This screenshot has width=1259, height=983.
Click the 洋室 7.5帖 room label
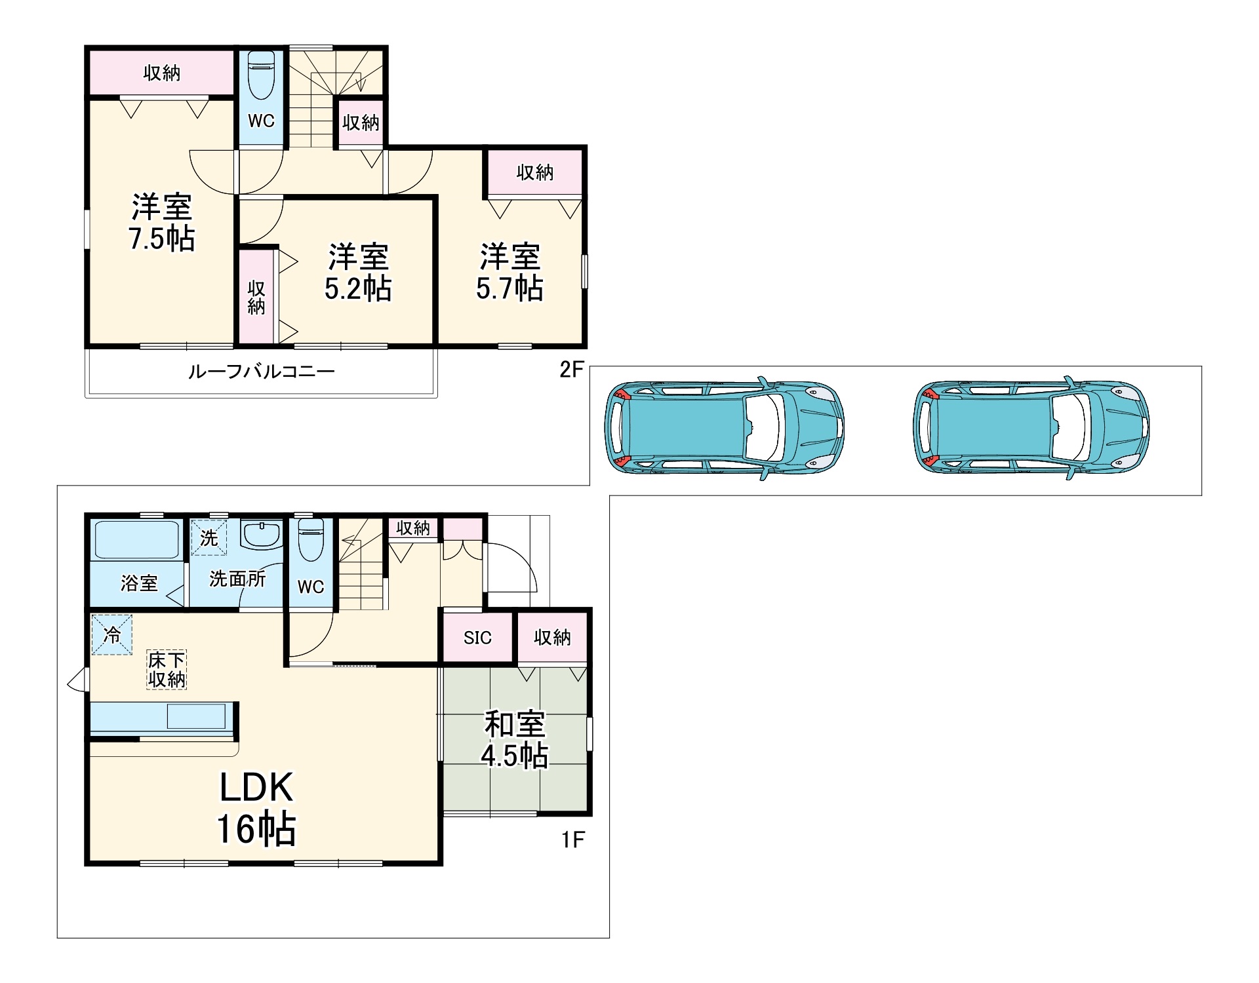pos(162,223)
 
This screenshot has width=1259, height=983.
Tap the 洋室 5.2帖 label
pos(359,273)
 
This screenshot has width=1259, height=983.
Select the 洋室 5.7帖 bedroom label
pos(510,273)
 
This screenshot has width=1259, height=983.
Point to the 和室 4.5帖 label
pos(515,739)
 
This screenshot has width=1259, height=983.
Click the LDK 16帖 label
pos(256,809)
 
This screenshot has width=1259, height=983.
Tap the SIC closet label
pos(477,638)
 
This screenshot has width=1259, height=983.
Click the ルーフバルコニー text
pos(262,372)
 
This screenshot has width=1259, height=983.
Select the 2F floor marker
pos(571,370)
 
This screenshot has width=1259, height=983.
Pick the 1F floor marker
pos(572,839)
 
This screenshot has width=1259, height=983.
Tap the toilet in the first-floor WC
pos(311,540)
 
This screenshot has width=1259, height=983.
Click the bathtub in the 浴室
pos(137,539)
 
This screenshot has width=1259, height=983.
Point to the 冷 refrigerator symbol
pos(112,634)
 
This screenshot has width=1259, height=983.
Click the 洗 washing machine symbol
pos(209,537)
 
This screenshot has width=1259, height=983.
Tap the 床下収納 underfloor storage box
pos(167,670)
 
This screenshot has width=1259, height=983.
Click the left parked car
pos(724,428)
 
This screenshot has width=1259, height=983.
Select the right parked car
pos(1031,428)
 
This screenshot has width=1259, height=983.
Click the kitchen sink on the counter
pos(196,716)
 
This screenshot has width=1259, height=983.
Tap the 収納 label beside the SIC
pos(552,637)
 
